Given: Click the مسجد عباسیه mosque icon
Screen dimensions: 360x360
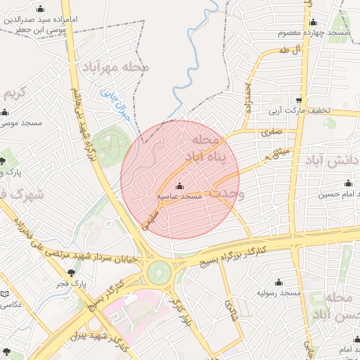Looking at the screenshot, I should coord(180,186).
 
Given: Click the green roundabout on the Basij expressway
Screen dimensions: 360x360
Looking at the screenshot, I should coord(159,271).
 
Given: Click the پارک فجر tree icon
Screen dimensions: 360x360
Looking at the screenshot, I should coord(71,274).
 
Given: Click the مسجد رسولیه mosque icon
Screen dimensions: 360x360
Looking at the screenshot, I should coord(278,282).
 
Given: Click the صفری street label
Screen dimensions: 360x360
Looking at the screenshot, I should coord(271,131).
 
